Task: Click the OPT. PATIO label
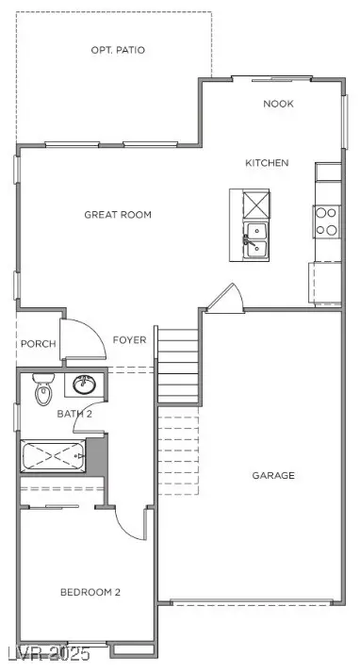118,50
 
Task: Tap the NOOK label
279,104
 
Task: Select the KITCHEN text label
267,163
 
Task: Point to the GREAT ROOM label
118,215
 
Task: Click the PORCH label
39,344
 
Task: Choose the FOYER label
129,340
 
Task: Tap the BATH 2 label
74,414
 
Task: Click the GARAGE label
273,475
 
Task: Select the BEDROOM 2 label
90,592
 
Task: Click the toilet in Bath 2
43,389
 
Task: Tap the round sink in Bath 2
85,385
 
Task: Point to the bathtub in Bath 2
54,456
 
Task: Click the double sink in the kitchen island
255,240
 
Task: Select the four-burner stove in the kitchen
327,221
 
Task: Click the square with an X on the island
256,205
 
